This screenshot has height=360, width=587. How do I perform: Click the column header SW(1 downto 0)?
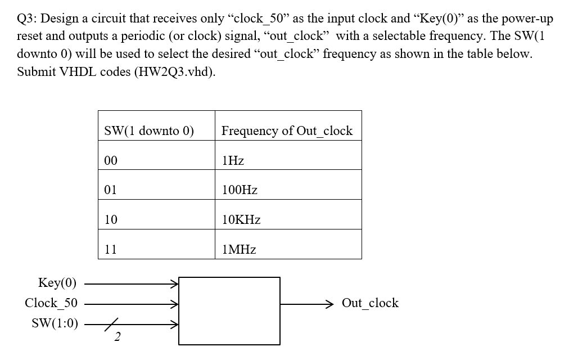pyautogui.click(x=149, y=131)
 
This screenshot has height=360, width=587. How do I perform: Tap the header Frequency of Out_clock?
pyautogui.click(x=287, y=131)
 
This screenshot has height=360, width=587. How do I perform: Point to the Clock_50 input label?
pyautogui.click(x=51, y=303)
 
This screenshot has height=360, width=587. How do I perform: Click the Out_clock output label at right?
pyautogui.click(x=370, y=303)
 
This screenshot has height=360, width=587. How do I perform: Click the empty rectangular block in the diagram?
pyautogui.click(x=229, y=310)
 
